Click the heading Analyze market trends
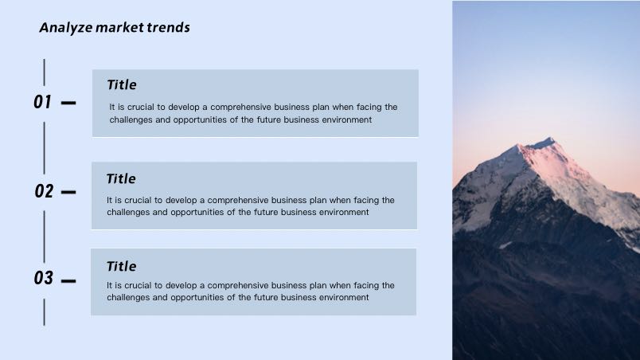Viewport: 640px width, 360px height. pyautogui.click(x=115, y=28)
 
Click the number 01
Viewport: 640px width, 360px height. pyautogui.click(x=42, y=102)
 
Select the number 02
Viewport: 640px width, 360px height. pyautogui.click(x=44, y=191)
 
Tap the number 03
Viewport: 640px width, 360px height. pyautogui.click(x=43, y=278)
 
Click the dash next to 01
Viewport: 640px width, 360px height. pyautogui.click(x=68, y=103)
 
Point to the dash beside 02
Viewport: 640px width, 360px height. pyautogui.click(x=68, y=192)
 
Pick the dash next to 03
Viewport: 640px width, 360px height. pyautogui.click(x=68, y=281)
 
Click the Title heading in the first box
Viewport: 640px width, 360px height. pyautogui.click(x=122, y=85)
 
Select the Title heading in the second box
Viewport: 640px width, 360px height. pyautogui.click(x=121, y=178)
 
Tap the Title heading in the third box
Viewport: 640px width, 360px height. pyautogui.click(x=121, y=267)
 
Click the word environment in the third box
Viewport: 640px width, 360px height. pyautogui.click(x=344, y=297)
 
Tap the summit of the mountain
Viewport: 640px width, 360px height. pyautogui.click(x=551, y=138)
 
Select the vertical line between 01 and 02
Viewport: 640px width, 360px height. pyautogui.click(x=44, y=148)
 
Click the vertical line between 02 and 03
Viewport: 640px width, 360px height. pyautogui.click(x=44, y=237)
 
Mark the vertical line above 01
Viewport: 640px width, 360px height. pyautogui.click(x=44, y=72)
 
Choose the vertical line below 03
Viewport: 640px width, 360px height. pyautogui.click(x=44, y=312)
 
